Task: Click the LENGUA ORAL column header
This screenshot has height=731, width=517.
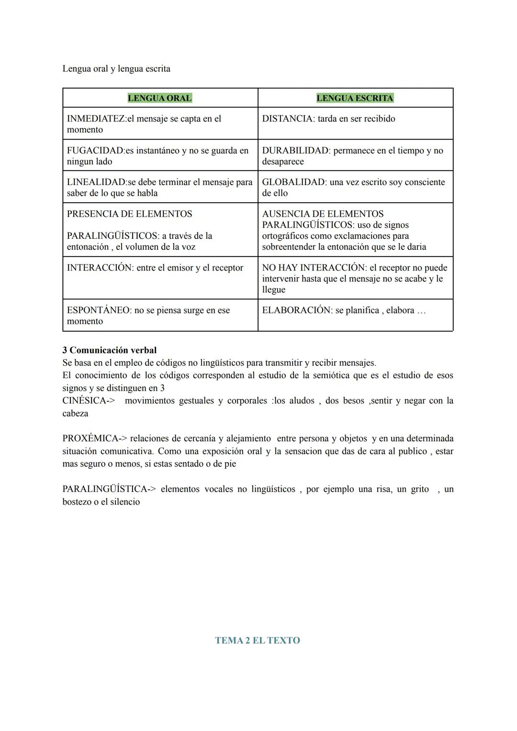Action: (159, 98)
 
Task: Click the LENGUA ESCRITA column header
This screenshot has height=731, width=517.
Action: (355, 98)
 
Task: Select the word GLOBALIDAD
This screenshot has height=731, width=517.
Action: (293, 182)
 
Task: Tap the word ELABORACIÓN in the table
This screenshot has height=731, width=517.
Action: (296, 310)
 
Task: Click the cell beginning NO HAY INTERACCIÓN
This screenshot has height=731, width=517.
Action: (354, 278)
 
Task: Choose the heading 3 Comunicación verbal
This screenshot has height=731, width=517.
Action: (109, 350)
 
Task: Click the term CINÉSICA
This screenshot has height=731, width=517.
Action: (84, 401)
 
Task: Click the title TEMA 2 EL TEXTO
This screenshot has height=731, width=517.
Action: (258, 640)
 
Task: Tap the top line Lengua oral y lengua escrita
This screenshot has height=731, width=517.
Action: (116, 69)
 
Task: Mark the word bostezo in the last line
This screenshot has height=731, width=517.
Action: (78, 502)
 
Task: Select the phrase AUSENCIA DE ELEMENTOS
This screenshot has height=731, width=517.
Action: (323, 214)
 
